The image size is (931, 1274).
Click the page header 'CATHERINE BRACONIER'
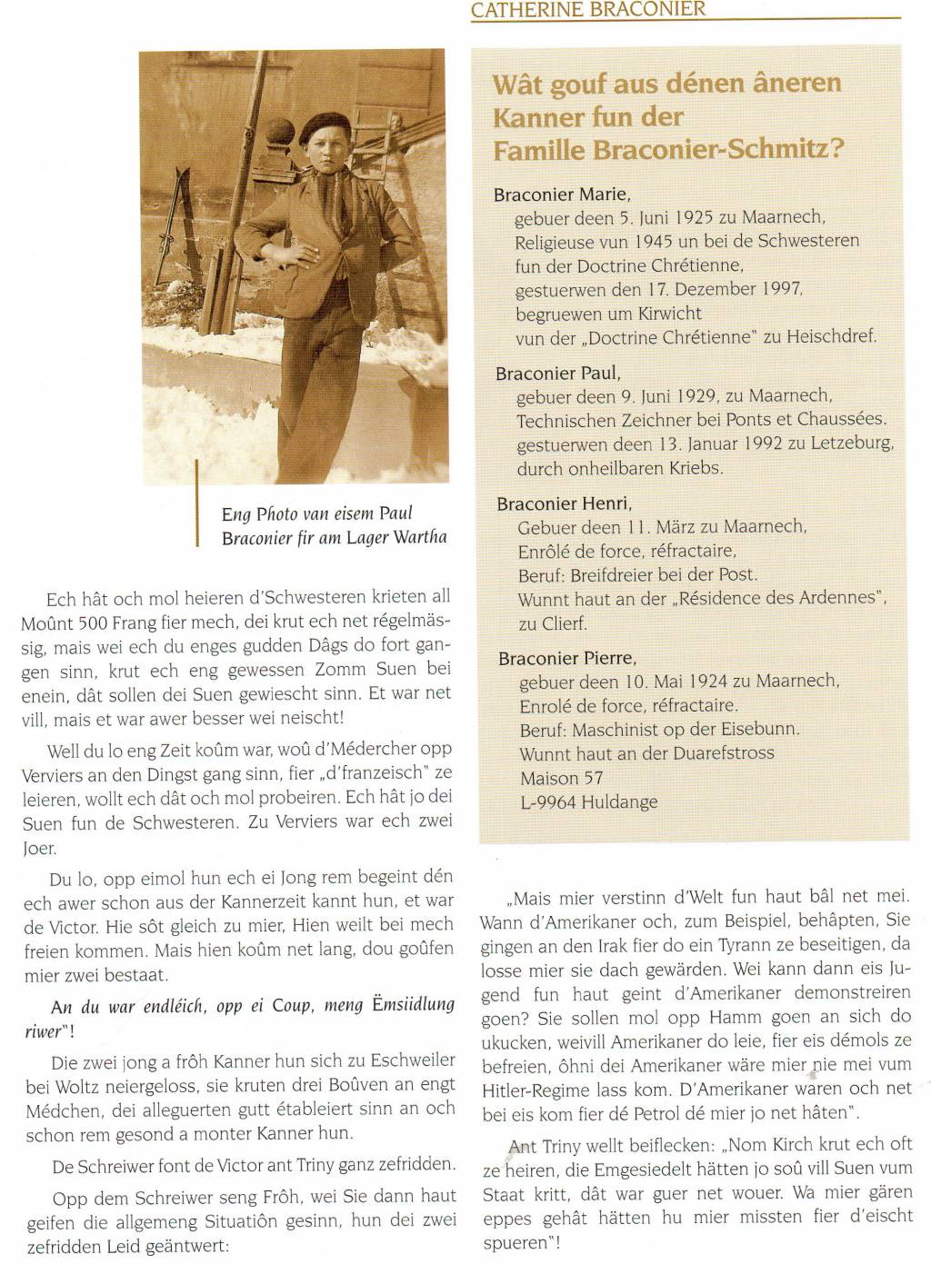pyautogui.click(x=587, y=10)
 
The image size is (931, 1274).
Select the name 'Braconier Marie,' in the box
pyautogui.click(x=562, y=194)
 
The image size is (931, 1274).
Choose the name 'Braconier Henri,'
pyautogui.click(x=564, y=503)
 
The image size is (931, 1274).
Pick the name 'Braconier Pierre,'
pyautogui.click(x=566, y=658)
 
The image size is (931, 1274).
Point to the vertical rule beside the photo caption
pyautogui.click(x=197, y=503)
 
